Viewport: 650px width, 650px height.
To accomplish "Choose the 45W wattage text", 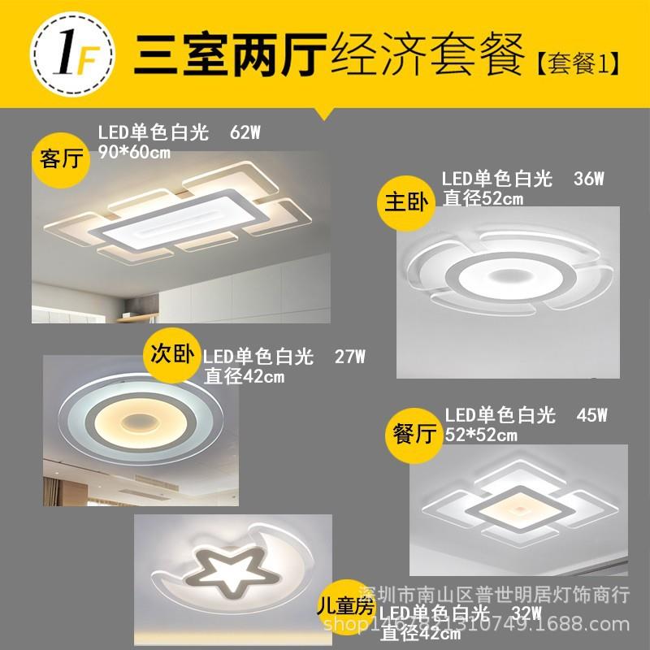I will (591, 415).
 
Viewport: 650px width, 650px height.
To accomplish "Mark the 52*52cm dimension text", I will (481, 435).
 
